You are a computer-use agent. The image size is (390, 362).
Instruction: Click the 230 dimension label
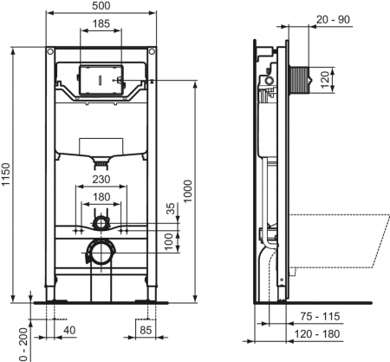coord(101,179)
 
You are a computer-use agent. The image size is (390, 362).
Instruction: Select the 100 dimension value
coord(170,239)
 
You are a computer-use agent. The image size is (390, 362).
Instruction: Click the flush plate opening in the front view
coord(102,78)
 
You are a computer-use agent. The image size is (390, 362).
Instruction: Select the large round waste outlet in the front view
coord(101,253)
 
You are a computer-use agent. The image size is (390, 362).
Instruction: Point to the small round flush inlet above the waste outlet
coord(101,222)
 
